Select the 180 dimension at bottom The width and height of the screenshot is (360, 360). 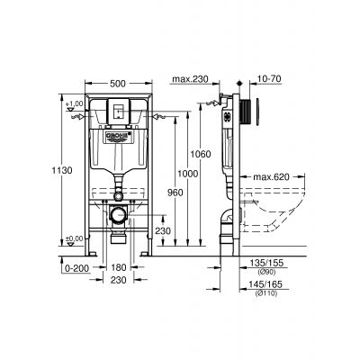[118, 267]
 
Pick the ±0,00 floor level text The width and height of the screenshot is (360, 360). [74, 238]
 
